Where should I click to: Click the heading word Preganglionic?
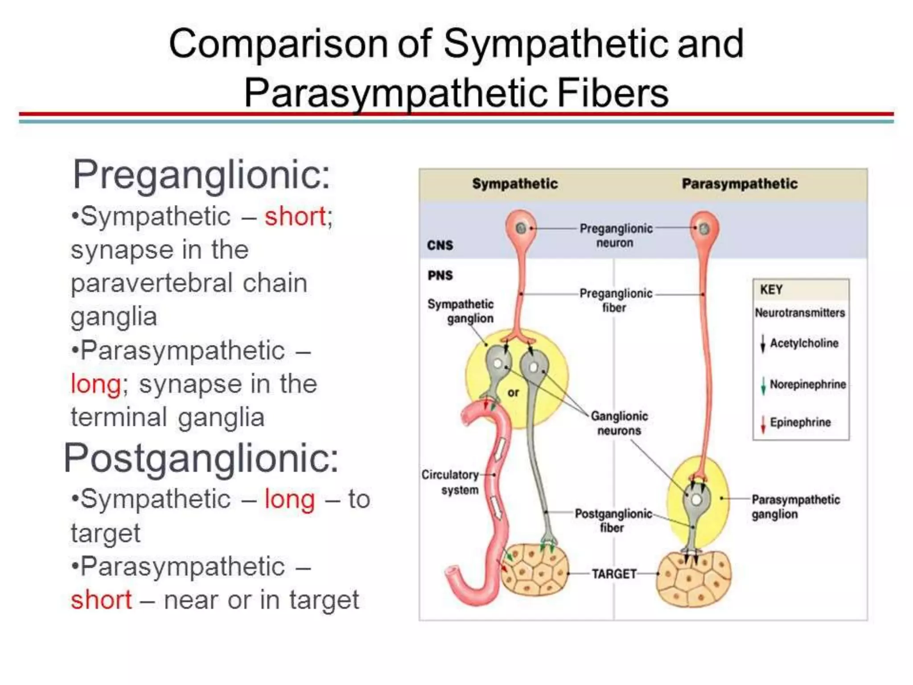pyautogui.click(x=202, y=175)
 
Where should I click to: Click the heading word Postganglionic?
pyautogui.click(x=202, y=458)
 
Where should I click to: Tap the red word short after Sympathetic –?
pyautogui.click(x=295, y=217)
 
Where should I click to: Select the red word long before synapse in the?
pyautogui.click(x=96, y=384)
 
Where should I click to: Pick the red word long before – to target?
pyautogui.click(x=290, y=499)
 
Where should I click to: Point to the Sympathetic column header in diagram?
pyautogui.click(x=515, y=184)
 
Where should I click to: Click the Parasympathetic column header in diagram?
pyautogui.click(x=740, y=184)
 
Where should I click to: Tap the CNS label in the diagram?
pyautogui.click(x=440, y=245)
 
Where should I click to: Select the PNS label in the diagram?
pyautogui.click(x=440, y=275)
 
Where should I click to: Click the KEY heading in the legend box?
pyautogui.click(x=771, y=290)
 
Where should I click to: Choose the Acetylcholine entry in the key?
pyautogui.click(x=804, y=343)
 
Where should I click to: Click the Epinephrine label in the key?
pyautogui.click(x=800, y=422)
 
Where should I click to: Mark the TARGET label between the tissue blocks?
pyautogui.click(x=614, y=574)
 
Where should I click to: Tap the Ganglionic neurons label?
pyautogui.click(x=619, y=423)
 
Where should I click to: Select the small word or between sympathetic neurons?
pyautogui.click(x=513, y=393)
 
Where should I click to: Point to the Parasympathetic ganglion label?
pyautogui.click(x=795, y=507)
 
